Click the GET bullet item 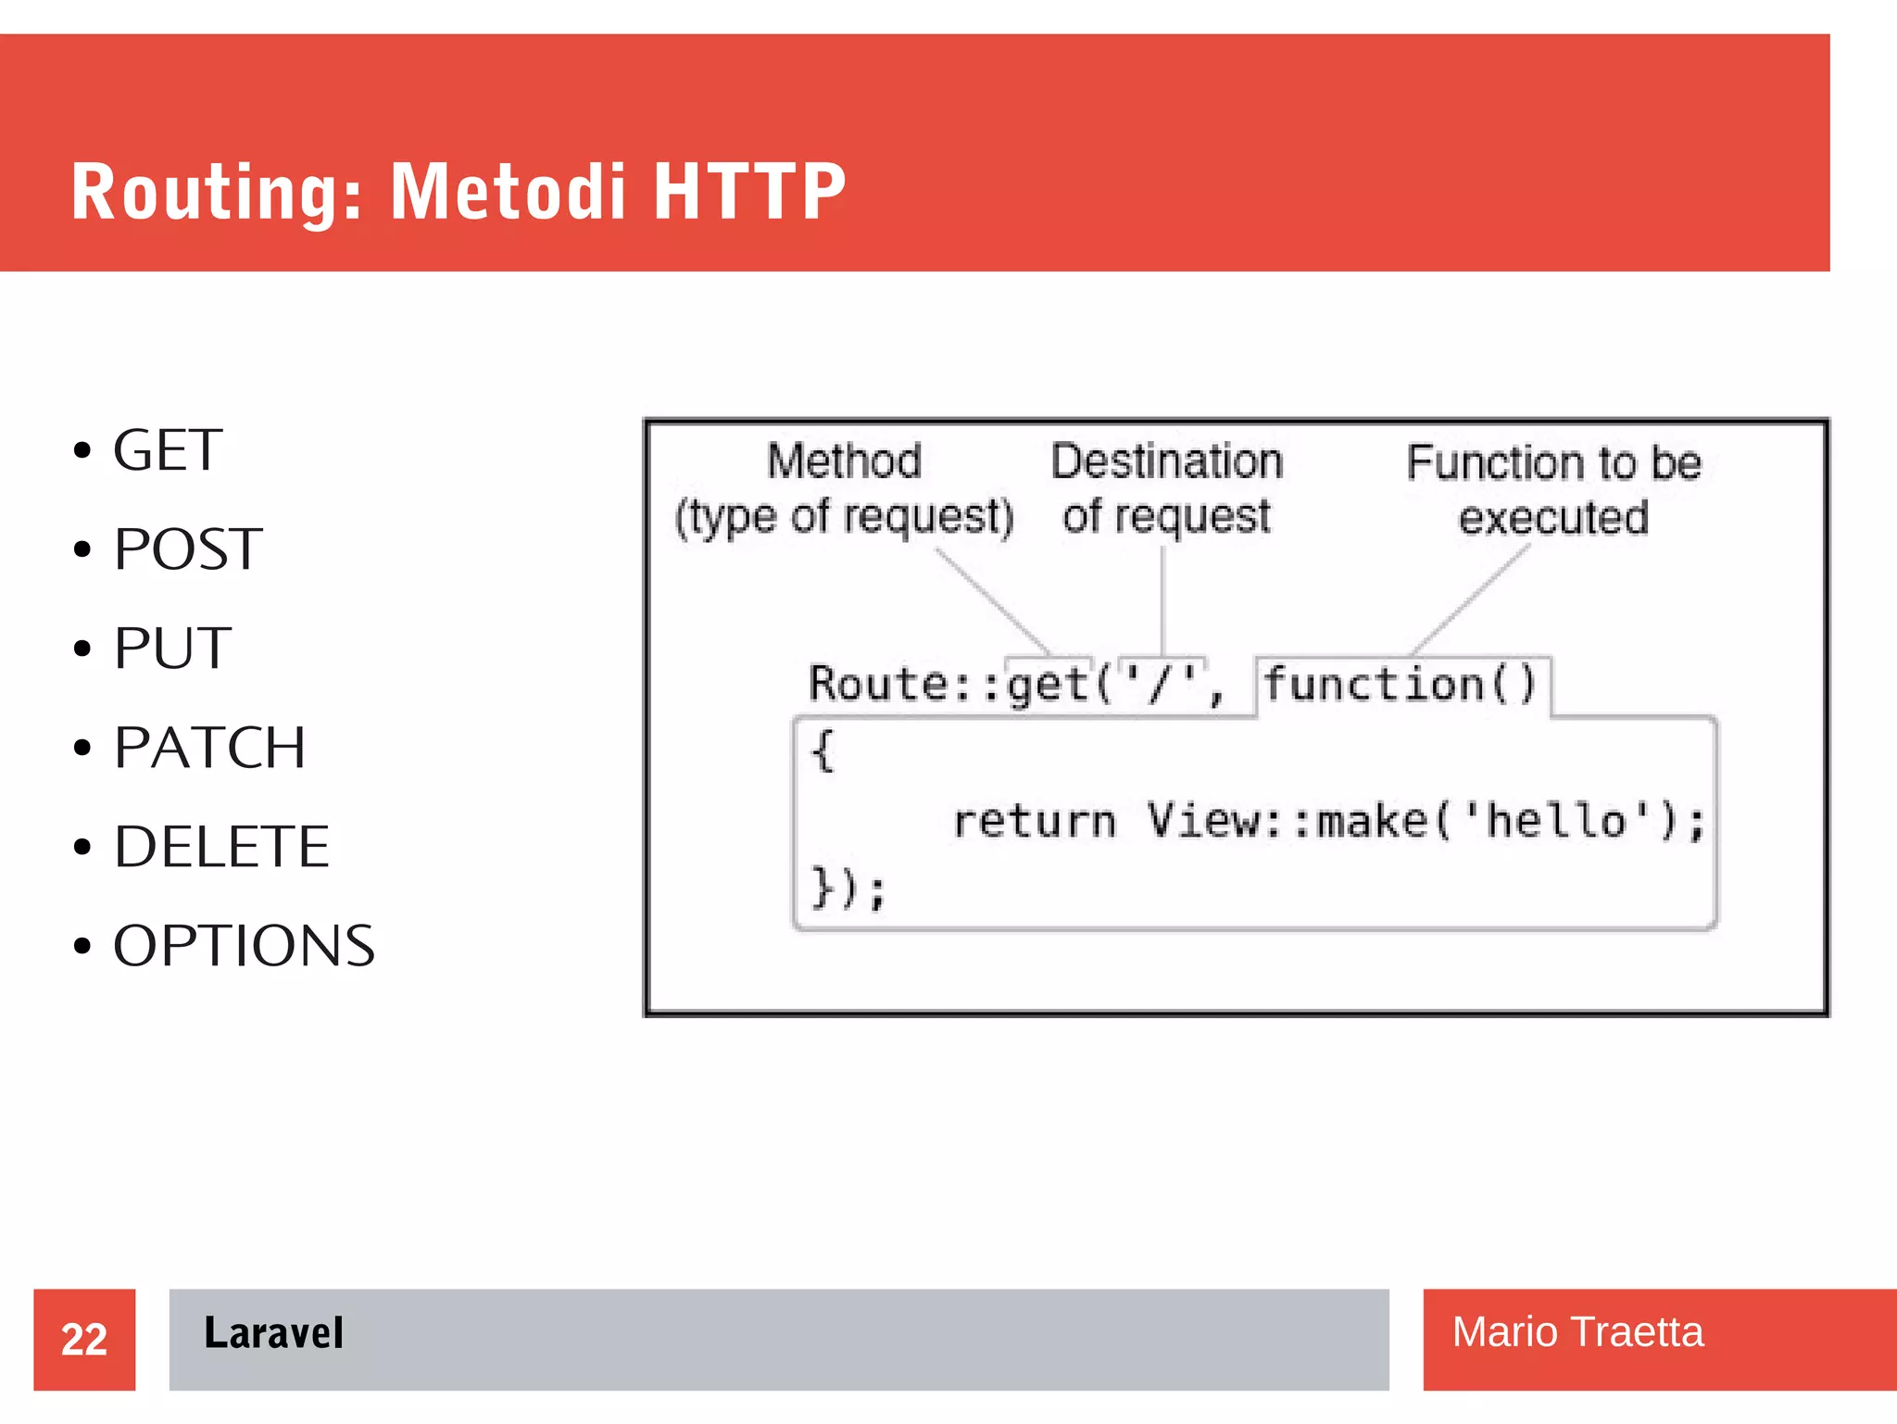pyautogui.click(x=167, y=451)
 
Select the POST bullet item pyautogui.click(x=187, y=549)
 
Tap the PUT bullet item pyautogui.click(x=172, y=649)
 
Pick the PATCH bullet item pyautogui.click(x=209, y=748)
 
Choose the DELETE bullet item pyautogui.click(x=221, y=847)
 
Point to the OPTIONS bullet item pyautogui.click(x=244, y=946)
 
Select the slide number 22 pyautogui.click(x=84, y=1340)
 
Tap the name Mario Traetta pyautogui.click(x=1577, y=1332)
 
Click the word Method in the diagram pyautogui.click(x=844, y=460)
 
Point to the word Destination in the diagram pyautogui.click(x=1166, y=460)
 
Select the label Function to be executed pyautogui.click(x=1553, y=489)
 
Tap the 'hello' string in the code pyautogui.click(x=1556, y=821)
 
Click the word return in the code pyautogui.click(x=1035, y=821)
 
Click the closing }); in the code pyautogui.click(x=848, y=888)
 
